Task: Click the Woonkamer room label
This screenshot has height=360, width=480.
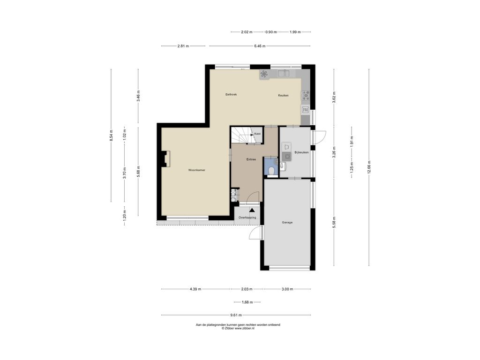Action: click(x=196, y=170)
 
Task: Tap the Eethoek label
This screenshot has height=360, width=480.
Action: click(x=231, y=94)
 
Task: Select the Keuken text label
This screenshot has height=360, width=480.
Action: click(x=283, y=95)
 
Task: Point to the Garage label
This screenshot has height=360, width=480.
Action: click(x=287, y=223)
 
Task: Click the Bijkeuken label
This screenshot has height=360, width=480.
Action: click(x=301, y=152)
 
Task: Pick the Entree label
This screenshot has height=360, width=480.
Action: click(x=251, y=159)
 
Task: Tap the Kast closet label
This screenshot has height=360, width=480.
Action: click(x=257, y=134)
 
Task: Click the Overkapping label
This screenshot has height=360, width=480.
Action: click(x=247, y=217)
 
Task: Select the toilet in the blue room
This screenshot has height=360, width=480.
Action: click(x=270, y=171)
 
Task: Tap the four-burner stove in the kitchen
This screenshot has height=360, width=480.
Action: click(x=306, y=96)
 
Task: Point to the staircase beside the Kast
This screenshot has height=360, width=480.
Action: click(x=241, y=135)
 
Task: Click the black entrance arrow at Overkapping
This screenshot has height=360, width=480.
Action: click(x=252, y=210)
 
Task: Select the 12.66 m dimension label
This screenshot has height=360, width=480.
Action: click(x=369, y=167)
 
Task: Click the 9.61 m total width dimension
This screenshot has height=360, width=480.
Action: click(x=236, y=315)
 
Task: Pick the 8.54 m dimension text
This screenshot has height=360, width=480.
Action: click(x=111, y=135)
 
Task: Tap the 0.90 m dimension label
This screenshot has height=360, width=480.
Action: click(x=271, y=32)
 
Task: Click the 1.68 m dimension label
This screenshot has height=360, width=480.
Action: click(x=247, y=302)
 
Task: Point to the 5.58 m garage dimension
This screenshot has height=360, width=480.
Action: click(x=334, y=222)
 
